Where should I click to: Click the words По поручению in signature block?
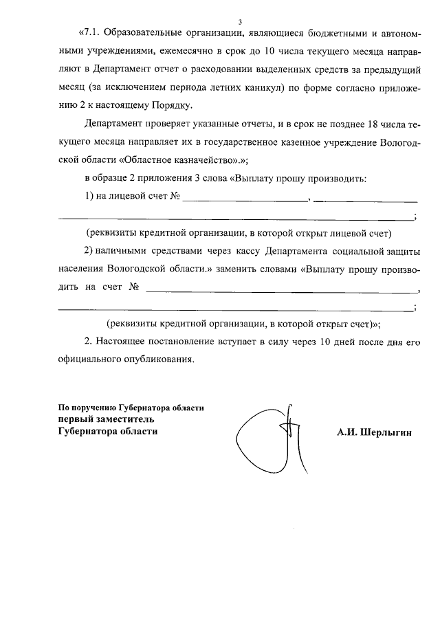point(87,407)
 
